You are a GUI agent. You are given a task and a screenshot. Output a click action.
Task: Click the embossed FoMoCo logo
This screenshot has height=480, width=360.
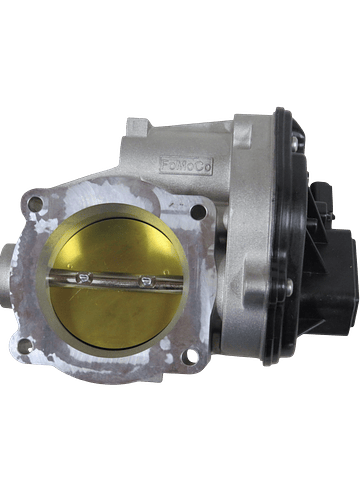pos(186,166)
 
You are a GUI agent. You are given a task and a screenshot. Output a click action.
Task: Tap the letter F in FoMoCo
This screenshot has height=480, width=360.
pos(166,165)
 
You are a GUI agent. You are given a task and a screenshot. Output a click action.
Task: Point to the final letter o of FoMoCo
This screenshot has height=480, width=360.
pos(207,168)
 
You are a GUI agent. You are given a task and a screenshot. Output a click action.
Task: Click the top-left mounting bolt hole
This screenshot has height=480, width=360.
pos(36,202)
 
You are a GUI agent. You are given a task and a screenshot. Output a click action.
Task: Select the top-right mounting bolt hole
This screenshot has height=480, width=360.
pos(197,211)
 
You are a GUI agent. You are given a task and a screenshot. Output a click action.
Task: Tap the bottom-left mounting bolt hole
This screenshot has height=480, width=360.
pos(25,346)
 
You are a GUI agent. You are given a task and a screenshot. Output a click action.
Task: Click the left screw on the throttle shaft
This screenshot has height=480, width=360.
pos(85,277)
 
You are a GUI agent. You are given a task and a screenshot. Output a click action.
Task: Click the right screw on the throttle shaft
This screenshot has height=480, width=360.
pos(147,282)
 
